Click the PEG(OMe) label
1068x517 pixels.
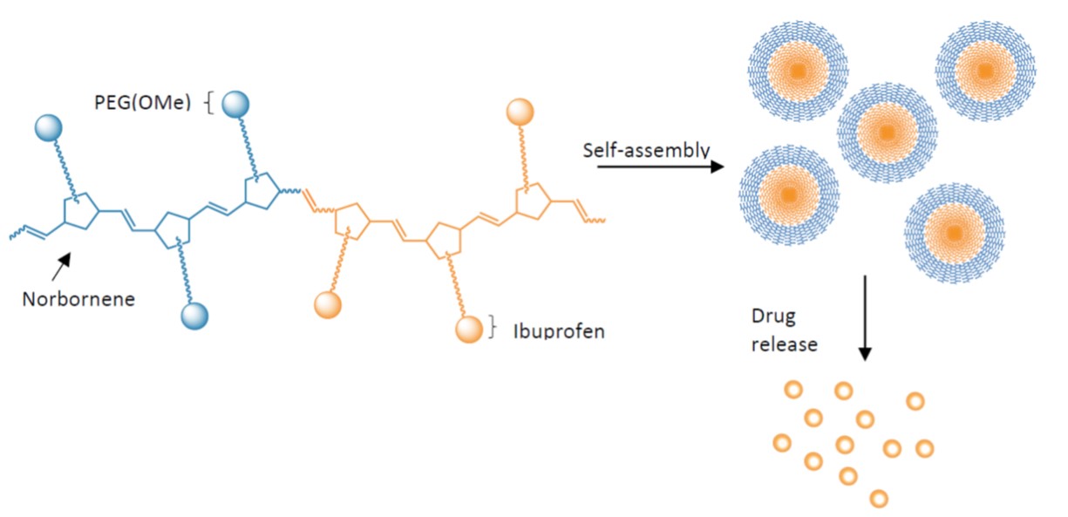pyautogui.click(x=143, y=103)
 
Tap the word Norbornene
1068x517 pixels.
pyautogui.click(x=78, y=299)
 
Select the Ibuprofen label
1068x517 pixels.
pyautogui.click(x=559, y=331)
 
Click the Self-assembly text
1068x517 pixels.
pyautogui.click(x=646, y=150)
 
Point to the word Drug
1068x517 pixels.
pyautogui.click(x=773, y=316)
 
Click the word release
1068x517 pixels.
pyautogui.click(x=785, y=344)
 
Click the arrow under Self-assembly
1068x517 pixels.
pyautogui.click(x=661, y=167)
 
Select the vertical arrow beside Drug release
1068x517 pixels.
pyautogui.click(x=865, y=318)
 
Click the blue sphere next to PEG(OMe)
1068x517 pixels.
pyautogui.click(x=235, y=104)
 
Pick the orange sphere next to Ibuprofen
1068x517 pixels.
pyautogui.click(x=469, y=329)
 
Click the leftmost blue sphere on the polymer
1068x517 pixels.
pyautogui.click(x=49, y=128)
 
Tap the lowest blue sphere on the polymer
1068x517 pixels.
pyautogui.click(x=194, y=316)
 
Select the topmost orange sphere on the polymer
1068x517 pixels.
pyautogui.click(x=520, y=112)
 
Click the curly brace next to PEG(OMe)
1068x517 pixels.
pyautogui.click(x=208, y=104)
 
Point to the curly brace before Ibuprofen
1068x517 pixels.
pyautogui.click(x=493, y=328)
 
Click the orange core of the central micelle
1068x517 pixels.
pyautogui.click(x=887, y=133)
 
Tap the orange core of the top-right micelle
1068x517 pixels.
pyautogui.click(x=985, y=71)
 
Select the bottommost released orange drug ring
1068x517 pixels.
pyautogui.click(x=879, y=499)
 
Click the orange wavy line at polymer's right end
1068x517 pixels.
pyautogui.click(x=595, y=221)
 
